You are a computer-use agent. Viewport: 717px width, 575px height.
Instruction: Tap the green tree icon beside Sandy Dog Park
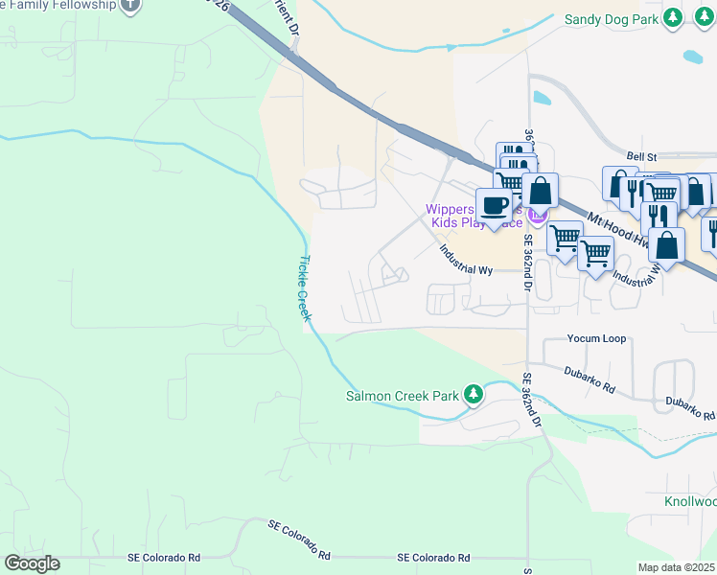click(x=674, y=17)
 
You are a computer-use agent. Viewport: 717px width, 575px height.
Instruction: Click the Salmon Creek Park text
click(x=403, y=396)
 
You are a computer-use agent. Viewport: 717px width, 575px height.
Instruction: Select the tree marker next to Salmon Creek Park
click(x=472, y=395)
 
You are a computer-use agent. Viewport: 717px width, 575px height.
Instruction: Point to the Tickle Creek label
click(x=304, y=288)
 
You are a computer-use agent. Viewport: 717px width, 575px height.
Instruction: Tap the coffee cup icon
click(x=494, y=205)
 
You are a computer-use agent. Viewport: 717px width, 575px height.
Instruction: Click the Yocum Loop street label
click(x=595, y=339)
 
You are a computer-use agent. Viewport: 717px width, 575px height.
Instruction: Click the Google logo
click(x=32, y=563)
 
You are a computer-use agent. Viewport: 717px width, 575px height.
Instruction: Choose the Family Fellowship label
click(x=58, y=5)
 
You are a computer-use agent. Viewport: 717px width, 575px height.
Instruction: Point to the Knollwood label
click(x=689, y=501)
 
